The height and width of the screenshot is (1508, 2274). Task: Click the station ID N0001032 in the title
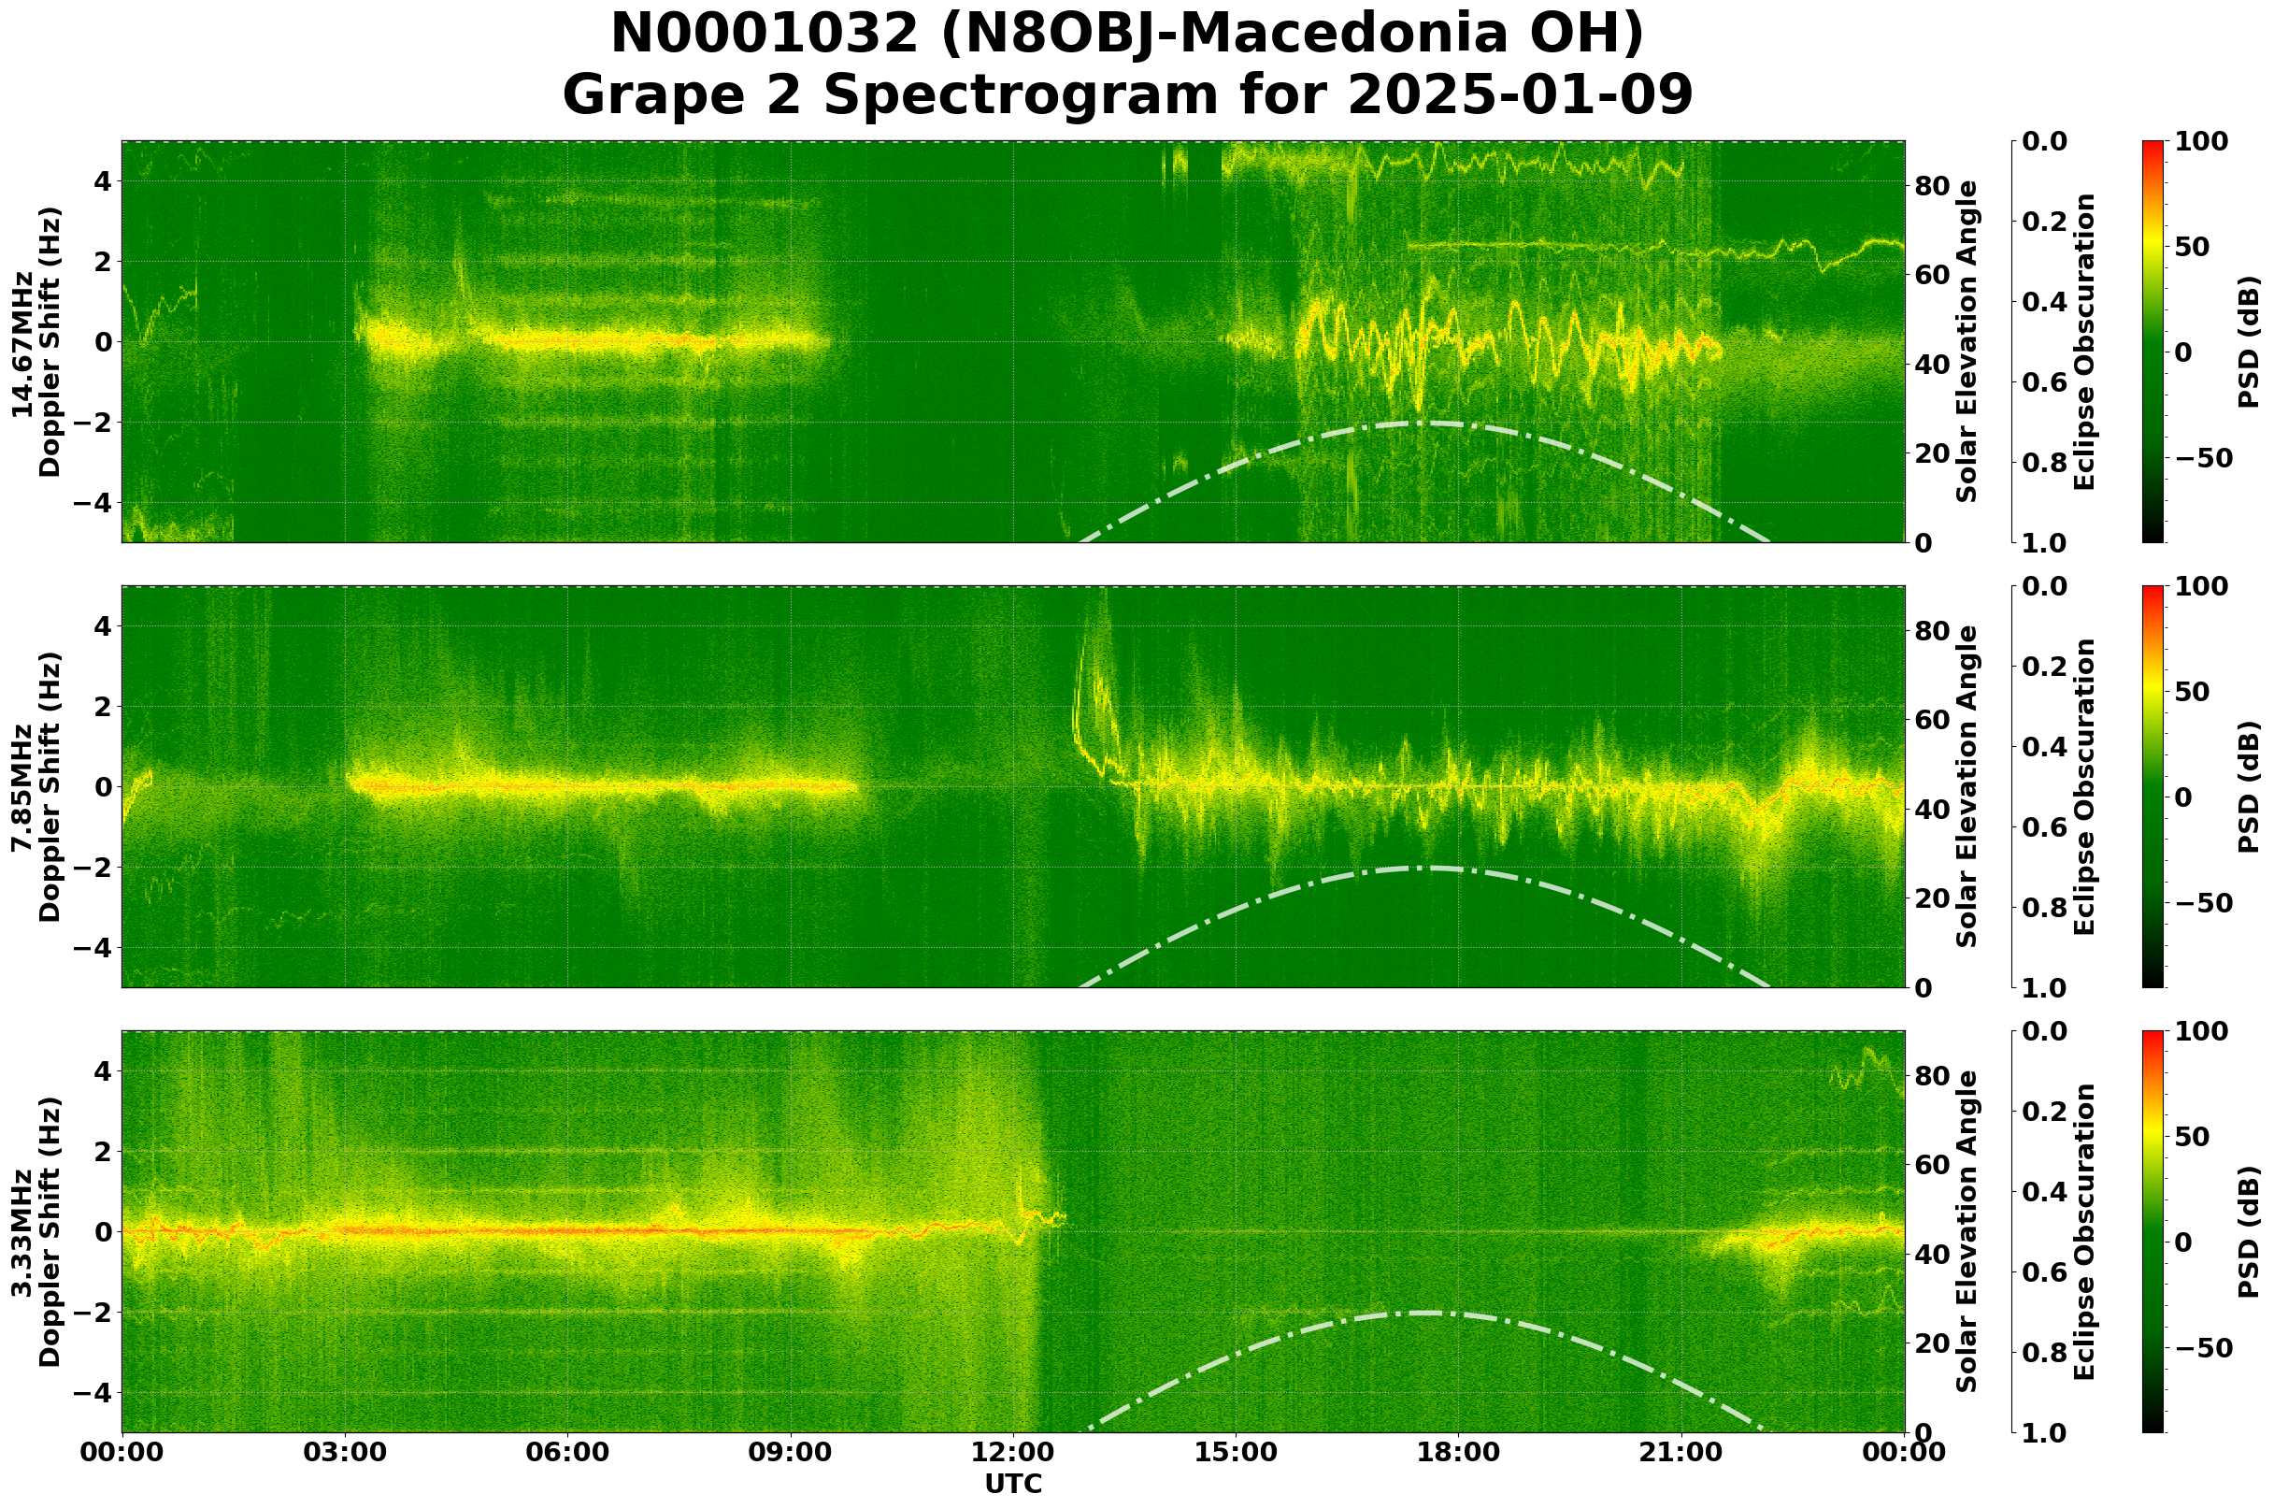pyautogui.click(x=765, y=35)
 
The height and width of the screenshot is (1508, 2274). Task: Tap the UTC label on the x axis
pyautogui.click(x=1012, y=1484)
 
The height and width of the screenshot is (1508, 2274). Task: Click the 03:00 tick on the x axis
pyautogui.click(x=344, y=1452)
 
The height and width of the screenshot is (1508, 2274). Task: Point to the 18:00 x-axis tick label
pyautogui.click(x=1458, y=1452)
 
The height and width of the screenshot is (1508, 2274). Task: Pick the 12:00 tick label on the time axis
pyautogui.click(x=1012, y=1452)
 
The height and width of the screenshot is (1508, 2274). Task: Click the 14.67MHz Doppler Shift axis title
pyautogui.click(x=36, y=341)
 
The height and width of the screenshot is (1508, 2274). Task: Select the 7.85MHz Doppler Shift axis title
pyautogui.click(x=36, y=786)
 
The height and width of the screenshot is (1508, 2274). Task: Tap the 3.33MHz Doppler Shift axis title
pyautogui.click(x=36, y=1232)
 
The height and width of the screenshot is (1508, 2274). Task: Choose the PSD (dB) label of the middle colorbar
pyautogui.click(x=2248, y=786)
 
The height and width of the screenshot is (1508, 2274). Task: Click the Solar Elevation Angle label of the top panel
pyautogui.click(x=1967, y=341)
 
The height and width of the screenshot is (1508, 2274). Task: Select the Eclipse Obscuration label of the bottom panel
pyautogui.click(x=2082, y=1232)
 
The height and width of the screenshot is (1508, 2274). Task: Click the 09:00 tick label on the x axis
pyautogui.click(x=790, y=1452)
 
